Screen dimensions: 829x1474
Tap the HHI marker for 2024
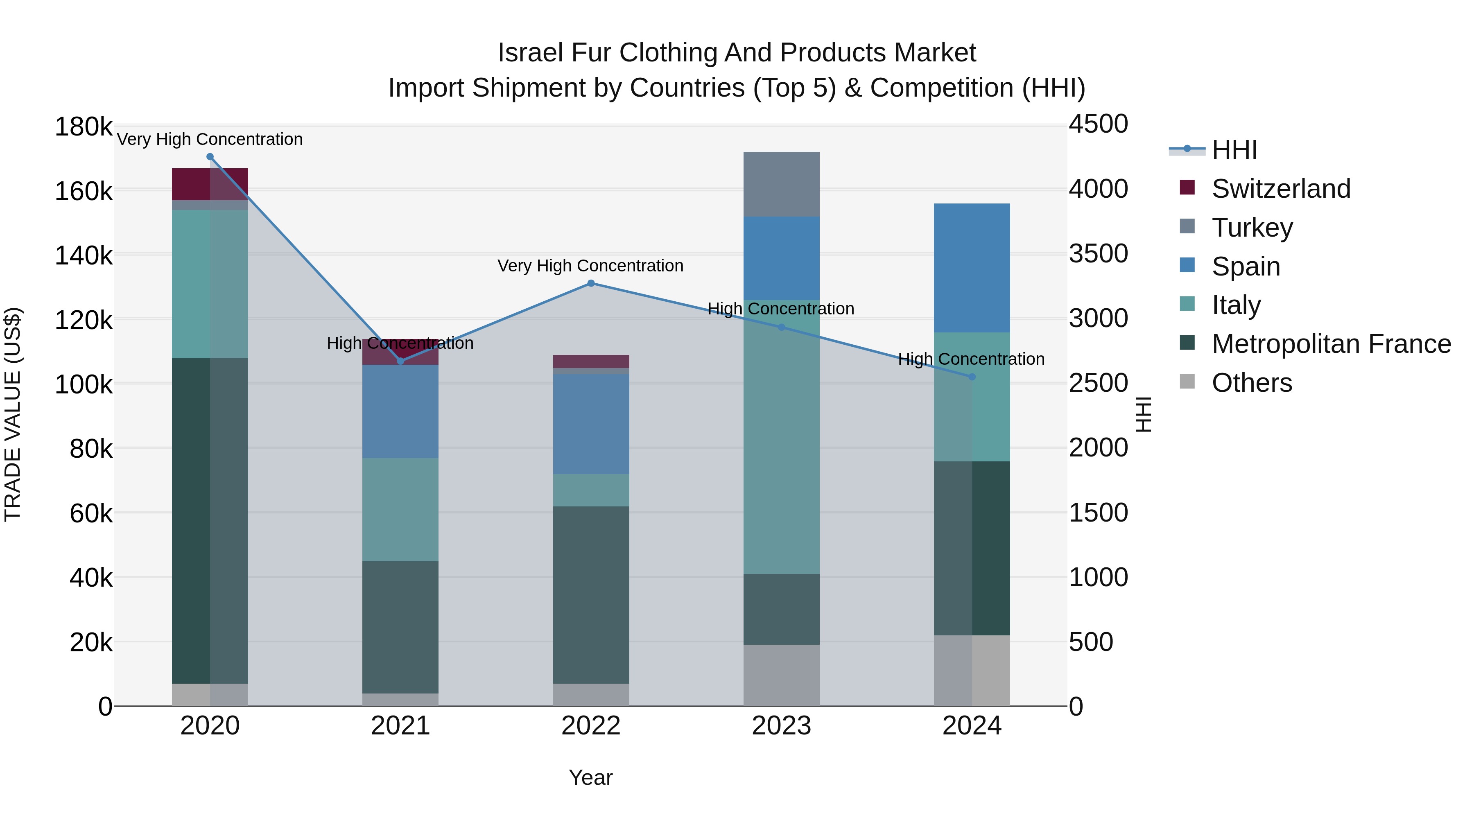[971, 377]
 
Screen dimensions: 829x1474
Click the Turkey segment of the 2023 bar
[781, 184]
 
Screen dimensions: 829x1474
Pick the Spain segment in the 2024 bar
[971, 268]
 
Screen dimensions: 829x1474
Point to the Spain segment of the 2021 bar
[400, 411]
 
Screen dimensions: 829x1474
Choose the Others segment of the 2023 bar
[781, 675]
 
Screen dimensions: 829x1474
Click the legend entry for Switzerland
[1281, 189]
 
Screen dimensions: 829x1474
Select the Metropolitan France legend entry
[1331, 344]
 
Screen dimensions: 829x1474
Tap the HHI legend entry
[1234, 150]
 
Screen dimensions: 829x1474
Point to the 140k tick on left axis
[84, 255]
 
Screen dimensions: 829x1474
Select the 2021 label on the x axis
[400, 726]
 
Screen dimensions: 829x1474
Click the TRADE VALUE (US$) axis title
[13, 414]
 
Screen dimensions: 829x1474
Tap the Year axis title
[590, 777]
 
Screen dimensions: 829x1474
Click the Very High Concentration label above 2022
[590, 266]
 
